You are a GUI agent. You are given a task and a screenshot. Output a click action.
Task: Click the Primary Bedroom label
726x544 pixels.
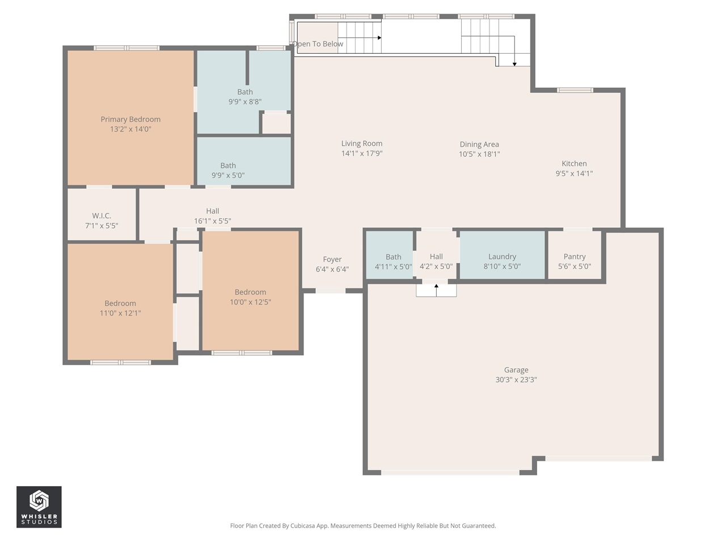[x=130, y=119]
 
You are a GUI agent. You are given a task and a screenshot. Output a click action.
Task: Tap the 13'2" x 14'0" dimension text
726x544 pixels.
[x=130, y=129]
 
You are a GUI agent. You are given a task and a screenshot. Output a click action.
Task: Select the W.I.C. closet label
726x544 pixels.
[x=102, y=215]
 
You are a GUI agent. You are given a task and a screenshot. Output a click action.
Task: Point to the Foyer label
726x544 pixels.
[x=332, y=260]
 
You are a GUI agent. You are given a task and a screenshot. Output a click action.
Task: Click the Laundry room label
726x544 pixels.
[x=502, y=257]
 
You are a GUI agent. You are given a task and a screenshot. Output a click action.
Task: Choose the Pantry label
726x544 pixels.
[x=575, y=257]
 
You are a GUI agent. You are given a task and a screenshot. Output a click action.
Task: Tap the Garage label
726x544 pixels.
[x=516, y=370]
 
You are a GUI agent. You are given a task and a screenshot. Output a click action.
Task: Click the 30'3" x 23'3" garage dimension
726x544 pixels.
[x=516, y=380]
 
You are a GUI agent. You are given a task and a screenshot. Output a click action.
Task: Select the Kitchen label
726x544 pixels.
[x=574, y=164]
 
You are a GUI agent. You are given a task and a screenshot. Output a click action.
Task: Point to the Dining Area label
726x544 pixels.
[x=479, y=144]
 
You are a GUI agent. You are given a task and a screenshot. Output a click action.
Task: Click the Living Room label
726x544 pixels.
[x=362, y=143]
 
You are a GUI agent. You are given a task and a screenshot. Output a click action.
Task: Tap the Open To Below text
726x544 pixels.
[x=318, y=44]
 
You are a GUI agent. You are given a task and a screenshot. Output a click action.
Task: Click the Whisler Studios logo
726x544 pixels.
[x=39, y=507]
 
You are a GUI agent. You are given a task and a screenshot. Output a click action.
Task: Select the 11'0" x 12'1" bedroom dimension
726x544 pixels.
[x=120, y=313]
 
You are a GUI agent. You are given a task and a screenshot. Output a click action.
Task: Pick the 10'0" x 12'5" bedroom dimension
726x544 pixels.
[x=250, y=302]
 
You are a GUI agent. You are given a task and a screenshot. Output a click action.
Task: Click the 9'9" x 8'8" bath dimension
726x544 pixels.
[x=245, y=102]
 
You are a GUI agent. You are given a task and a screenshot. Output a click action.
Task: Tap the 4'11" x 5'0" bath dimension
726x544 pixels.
[x=393, y=266]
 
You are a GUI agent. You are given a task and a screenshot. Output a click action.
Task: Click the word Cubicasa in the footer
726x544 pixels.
[x=303, y=526]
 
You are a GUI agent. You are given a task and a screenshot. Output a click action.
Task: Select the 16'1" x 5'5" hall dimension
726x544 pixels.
[x=213, y=221]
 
